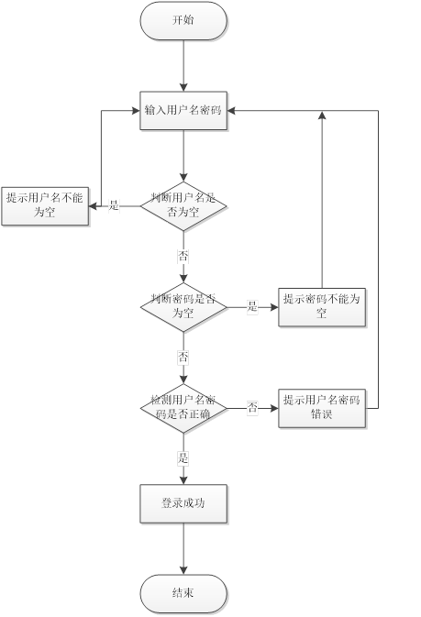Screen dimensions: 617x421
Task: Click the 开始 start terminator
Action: (183, 20)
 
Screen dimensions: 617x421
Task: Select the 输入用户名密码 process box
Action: (183, 111)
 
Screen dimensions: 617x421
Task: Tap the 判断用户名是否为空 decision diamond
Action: (183, 204)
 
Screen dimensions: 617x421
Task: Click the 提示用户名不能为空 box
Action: (43, 206)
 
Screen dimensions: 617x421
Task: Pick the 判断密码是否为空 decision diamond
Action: (183, 306)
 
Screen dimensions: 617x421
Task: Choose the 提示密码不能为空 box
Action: (322, 306)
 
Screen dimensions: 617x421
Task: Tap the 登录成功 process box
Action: (183, 503)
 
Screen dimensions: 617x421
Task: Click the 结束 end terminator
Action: (183, 593)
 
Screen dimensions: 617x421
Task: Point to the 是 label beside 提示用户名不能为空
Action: (114, 205)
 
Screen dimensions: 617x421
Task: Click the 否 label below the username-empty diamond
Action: (183, 254)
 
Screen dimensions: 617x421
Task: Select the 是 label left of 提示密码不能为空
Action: (251, 307)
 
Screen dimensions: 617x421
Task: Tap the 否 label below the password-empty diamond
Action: (183, 356)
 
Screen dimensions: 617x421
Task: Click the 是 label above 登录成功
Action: (183, 457)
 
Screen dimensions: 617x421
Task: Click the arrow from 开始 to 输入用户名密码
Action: (183, 65)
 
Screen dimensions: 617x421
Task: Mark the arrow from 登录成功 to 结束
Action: (183, 548)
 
